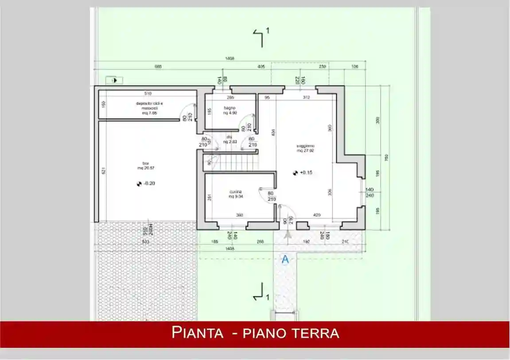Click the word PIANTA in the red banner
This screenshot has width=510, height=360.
coord(197,333)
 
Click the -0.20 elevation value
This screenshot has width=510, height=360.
coord(149,183)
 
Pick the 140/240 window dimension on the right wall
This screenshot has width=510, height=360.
coord(370,192)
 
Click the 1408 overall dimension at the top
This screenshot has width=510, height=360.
coord(230,58)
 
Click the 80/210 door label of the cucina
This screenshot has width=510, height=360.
coord(271,196)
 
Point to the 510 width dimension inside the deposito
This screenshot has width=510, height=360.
coord(148,93)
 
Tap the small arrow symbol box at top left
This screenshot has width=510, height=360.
coord(114,80)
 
